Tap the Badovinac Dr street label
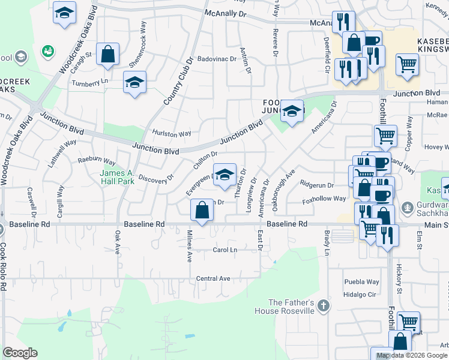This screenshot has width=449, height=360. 217,59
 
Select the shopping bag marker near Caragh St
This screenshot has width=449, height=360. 108,55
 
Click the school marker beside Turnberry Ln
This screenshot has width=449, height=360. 135,83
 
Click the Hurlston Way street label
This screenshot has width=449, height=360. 172,133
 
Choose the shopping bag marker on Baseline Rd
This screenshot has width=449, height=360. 202,211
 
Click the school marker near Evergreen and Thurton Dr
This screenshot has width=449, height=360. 225,175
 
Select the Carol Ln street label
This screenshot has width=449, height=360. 225,250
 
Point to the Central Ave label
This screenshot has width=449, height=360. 213,278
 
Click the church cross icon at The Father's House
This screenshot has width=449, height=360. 324,306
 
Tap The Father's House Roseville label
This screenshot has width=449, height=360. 291,307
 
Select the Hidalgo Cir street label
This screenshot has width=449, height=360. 360,295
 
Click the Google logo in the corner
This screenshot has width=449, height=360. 20,353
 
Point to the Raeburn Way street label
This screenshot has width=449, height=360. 97,161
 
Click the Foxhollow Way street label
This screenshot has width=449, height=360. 324,199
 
